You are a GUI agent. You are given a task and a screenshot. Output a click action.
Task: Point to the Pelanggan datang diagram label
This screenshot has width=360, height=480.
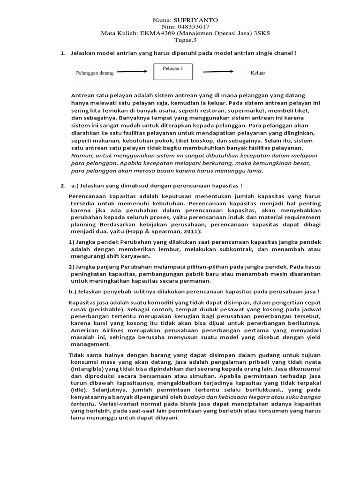tap(94, 73)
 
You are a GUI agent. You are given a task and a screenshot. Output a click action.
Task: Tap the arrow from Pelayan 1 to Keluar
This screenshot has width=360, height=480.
tap(218, 72)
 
